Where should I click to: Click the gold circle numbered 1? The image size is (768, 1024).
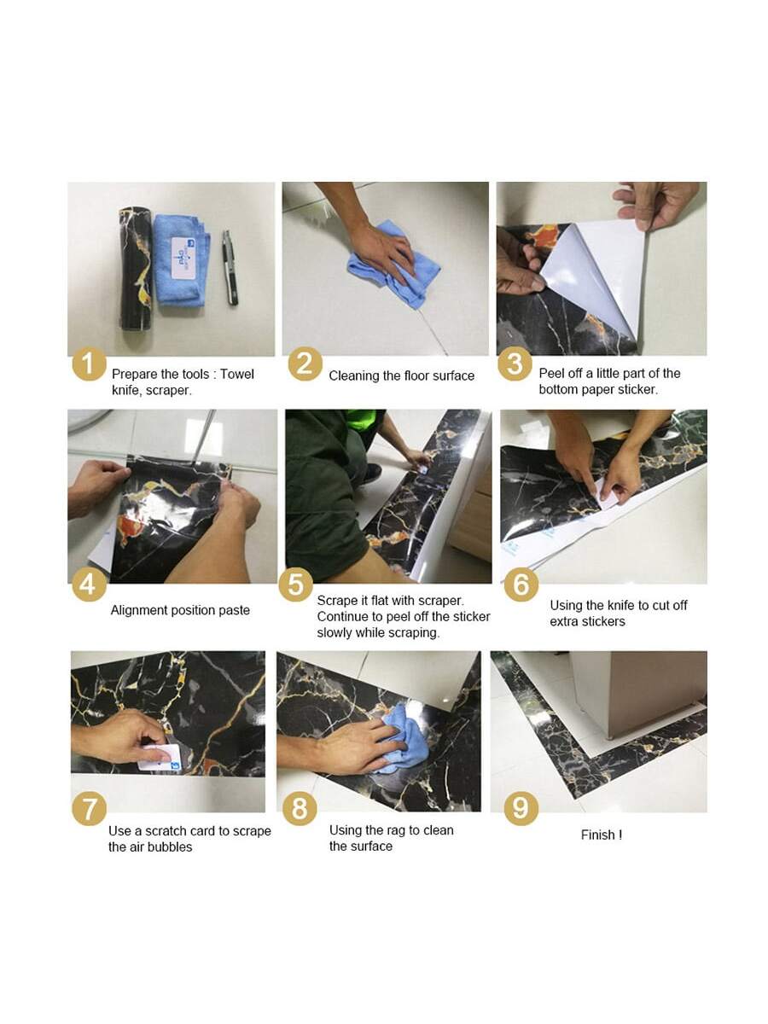coord(88,364)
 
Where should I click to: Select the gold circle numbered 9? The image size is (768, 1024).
coord(521,808)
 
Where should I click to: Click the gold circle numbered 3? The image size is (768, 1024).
coord(515,364)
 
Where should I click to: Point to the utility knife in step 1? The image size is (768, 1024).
coord(230,268)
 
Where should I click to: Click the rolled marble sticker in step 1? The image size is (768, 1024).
coord(136,269)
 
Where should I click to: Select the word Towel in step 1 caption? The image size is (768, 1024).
coord(237,374)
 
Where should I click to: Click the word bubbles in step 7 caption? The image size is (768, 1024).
coord(171,847)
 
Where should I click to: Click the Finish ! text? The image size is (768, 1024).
coord(602,835)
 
